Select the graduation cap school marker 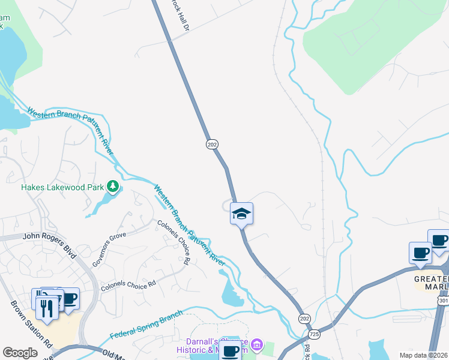[x=241, y=214]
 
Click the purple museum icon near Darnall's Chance [x=257, y=344]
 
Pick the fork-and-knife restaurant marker [x=46, y=308]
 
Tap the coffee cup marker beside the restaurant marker [x=68, y=299]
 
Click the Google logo [x=20, y=353]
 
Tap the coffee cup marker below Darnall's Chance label [x=231, y=351]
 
